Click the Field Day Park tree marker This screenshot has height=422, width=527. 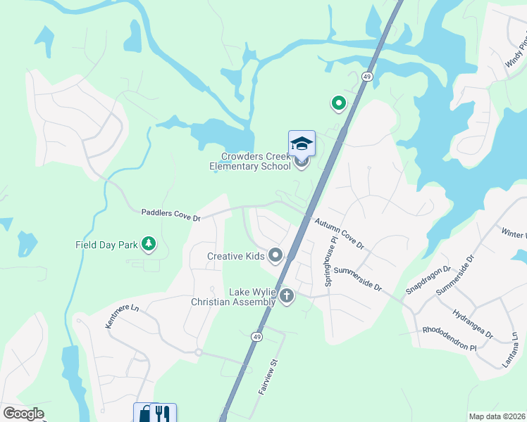(148, 244)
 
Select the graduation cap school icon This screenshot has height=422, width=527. (302, 143)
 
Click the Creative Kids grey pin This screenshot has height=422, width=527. (275, 255)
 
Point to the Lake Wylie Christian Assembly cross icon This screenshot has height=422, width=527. (286, 295)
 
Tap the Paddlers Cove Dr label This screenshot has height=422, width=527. (171, 215)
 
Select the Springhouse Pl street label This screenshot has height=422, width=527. (328, 260)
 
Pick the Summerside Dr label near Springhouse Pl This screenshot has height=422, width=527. (357, 279)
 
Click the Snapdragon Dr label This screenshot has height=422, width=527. (427, 280)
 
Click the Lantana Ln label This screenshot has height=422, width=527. (516, 350)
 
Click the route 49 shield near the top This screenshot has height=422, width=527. (367, 76)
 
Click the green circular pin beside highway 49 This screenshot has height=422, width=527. (338, 104)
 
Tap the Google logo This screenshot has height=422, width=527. (24, 414)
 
